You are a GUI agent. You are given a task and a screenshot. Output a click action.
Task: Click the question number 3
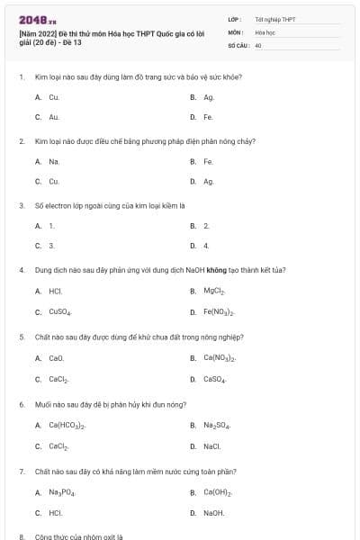click(x=22, y=204)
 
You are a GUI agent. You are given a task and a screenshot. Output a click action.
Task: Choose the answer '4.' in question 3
click(x=206, y=245)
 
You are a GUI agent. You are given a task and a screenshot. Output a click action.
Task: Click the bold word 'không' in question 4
click(x=214, y=269)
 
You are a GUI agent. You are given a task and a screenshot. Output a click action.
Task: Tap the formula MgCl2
click(x=213, y=291)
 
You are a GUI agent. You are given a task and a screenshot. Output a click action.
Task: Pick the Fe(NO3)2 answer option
click(x=219, y=312)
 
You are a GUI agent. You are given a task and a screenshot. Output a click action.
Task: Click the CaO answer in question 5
click(x=56, y=358)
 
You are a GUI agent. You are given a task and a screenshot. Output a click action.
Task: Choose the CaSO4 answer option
click(x=214, y=379)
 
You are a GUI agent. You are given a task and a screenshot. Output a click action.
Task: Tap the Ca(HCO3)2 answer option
click(x=67, y=425)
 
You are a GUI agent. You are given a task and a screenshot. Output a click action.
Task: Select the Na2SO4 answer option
click(x=216, y=425)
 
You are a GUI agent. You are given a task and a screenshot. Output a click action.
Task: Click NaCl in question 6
click(x=212, y=445)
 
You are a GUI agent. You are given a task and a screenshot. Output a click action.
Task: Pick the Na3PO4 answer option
click(x=62, y=492)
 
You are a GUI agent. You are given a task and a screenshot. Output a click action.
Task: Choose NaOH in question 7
click(x=214, y=513)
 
